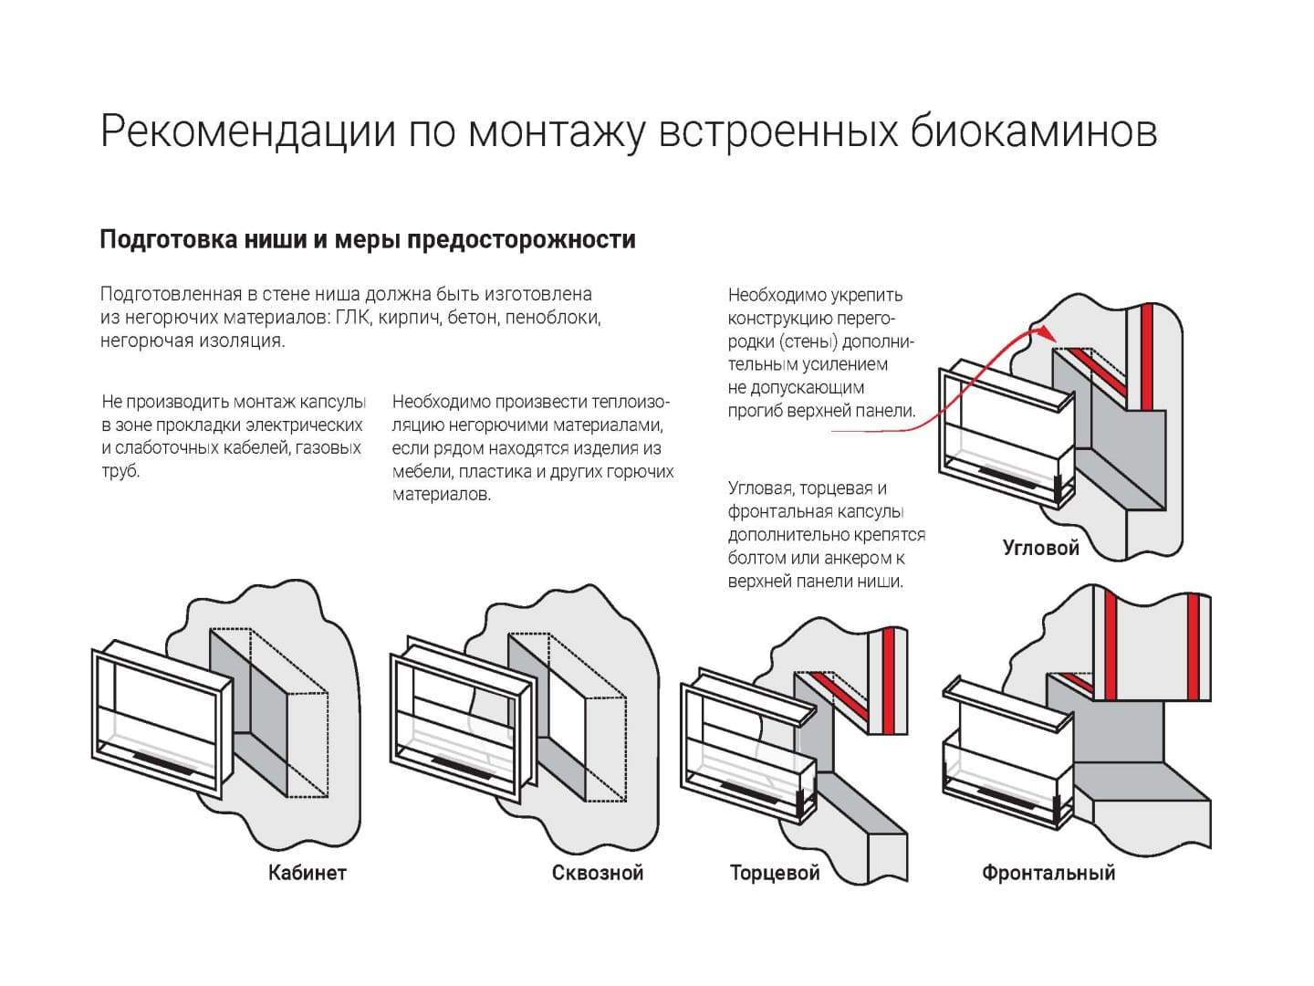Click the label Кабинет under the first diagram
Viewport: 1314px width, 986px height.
pyautogui.click(x=307, y=873)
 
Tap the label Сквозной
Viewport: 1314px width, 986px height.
pyautogui.click(x=597, y=873)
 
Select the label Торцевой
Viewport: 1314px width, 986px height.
pyautogui.click(x=775, y=873)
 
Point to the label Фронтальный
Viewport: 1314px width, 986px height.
pyautogui.click(x=1048, y=873)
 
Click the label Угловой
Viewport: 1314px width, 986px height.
pyautogui.click(x=1040, y=548)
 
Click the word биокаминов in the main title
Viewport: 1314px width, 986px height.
pyautogui.click(x=1034, y=131)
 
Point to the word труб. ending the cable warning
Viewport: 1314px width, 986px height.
pyautogui.click(x=120, y=472)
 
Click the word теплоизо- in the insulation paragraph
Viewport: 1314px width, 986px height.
pyautogui.click(x=631, y=403)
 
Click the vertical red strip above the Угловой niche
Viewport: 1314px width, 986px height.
pyautogui.click(x=1144, y=356)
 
